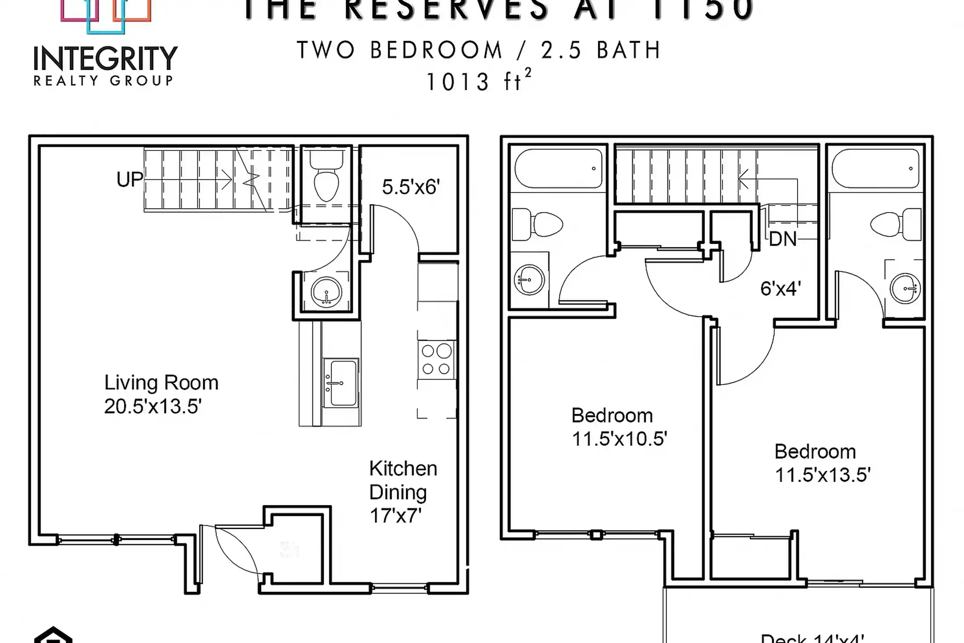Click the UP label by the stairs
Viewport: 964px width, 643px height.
(129, 180)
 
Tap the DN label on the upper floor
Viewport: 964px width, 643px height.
(783, 239)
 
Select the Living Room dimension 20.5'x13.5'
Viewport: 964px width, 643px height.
(153, 407)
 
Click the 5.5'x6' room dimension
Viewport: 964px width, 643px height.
(411, 187)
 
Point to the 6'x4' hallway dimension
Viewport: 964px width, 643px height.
(781, 288)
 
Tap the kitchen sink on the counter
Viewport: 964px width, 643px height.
(341, 383)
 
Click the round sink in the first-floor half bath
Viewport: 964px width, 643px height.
(327, 293)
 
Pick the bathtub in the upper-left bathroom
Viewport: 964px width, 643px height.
(558, 168)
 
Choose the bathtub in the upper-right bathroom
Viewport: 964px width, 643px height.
(875, 168)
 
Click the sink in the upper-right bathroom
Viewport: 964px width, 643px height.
(905, 288)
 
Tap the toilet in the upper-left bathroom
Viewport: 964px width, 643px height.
(539, 225)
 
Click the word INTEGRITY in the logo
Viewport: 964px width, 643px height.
(106, 58)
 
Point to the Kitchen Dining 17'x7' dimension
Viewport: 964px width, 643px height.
(395, 516)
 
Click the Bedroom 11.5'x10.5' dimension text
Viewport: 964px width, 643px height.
(619, 439)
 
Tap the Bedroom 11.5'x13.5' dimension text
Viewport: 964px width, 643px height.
(823, 475)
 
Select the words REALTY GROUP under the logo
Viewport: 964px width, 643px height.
(103, 81)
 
